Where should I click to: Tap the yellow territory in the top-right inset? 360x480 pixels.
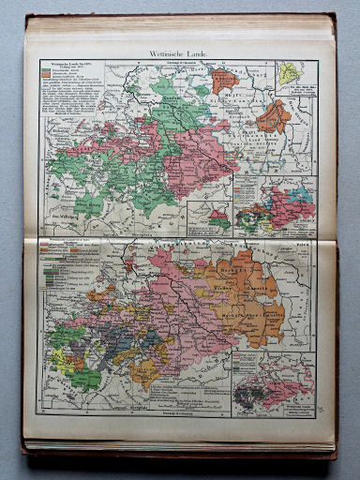click(292, 73)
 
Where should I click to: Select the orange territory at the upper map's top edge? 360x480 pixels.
click(224, 80)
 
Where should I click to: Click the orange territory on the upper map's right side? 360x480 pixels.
click(274, 116)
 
